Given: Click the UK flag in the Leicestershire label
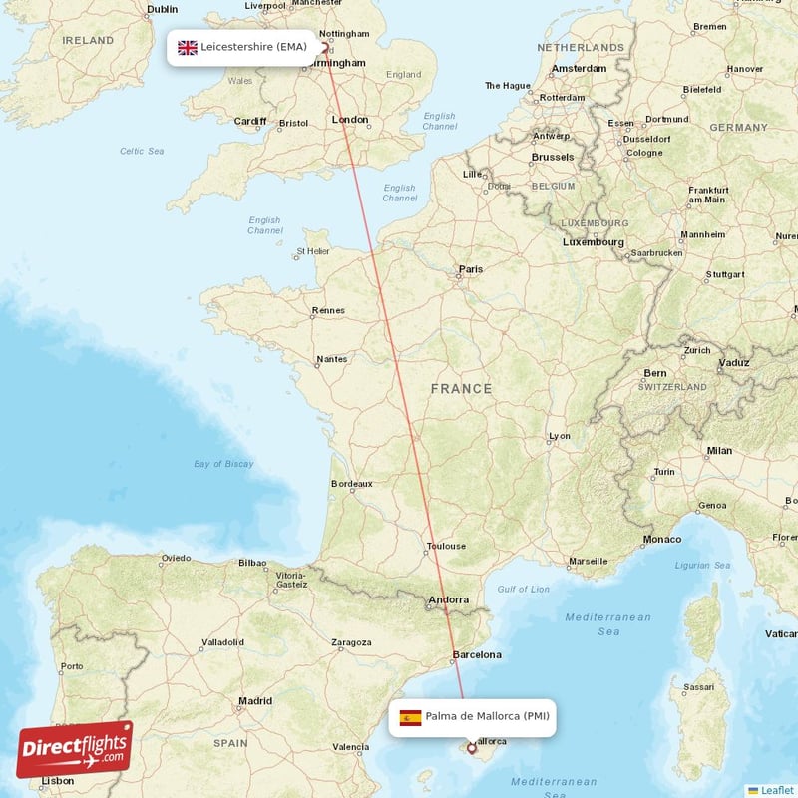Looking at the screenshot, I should pyautogui.click(x=188, y=47).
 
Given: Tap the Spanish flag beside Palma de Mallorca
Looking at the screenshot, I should pyautogui.click(x=410, y=717).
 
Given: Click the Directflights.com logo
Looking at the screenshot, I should pyautogui.click(x=74, y=749).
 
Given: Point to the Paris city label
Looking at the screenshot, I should pyautogui.click(x=469, y=269).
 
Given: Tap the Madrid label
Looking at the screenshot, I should pyautogui.click(x=255, y=701).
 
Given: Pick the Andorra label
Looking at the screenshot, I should pyautogui.click(x=448, y=600).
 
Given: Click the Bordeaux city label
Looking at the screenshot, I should pyautogui.click(x=351, y=484).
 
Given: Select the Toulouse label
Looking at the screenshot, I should pyautogui.click(x=445, y=546).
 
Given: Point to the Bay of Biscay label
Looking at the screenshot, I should pyautogui.click(x=223, y=464).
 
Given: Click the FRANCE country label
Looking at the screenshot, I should pyautogui.click(x=461, y=389).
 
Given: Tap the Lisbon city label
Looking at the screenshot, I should pyautogui.click(x=57, y=780).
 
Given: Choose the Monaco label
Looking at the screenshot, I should pyautogui.click(x=661, y=539).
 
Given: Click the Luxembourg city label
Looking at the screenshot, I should pyautogui.click(x=593, y=242).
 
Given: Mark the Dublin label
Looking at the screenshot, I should pyautogui.click(x=162, y=9).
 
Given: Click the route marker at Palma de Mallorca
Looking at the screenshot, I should pyautogui.click(x=471, y=748).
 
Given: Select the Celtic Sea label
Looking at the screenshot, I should pyautogui.click(x=142, y=151).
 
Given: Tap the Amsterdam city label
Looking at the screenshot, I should pyautogui.click(x=579, y=68).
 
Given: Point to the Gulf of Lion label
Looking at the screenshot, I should pyautogui.click(x=523, y=590).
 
